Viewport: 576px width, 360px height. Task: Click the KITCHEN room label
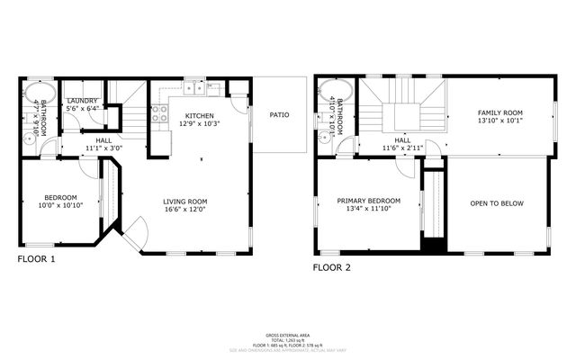(199, 116)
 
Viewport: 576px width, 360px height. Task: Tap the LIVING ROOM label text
(184, 201)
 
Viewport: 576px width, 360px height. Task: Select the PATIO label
(280, 114)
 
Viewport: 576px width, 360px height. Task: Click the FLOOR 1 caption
(36, 259)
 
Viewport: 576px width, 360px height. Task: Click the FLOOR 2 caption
(331, 267)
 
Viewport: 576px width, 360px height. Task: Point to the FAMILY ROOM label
(499, 112)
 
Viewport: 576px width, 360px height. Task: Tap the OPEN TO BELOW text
(496, 203)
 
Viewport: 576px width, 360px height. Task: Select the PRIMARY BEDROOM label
(369, 201)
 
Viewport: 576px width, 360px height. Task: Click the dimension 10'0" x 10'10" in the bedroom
(61, 205)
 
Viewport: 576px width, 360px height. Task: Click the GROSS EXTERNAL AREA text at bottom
(288, 333)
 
